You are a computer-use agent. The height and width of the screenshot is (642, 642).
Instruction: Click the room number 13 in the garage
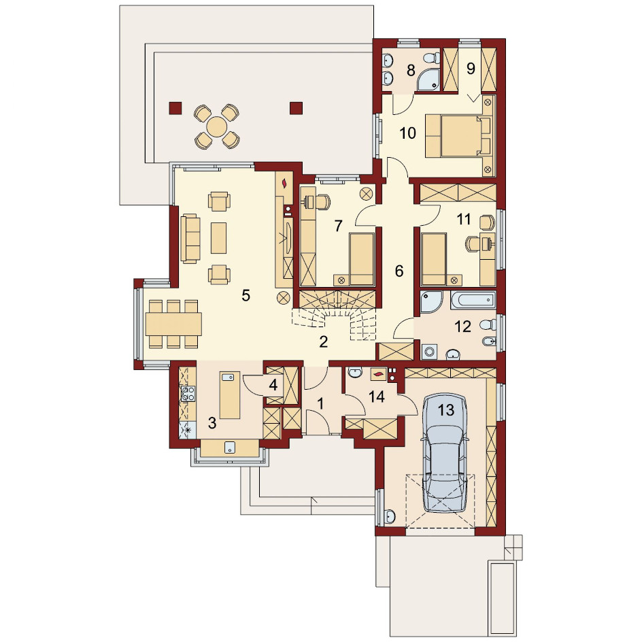tap(446, 409)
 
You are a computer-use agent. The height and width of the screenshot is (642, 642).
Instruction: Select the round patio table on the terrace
tap(216, 126)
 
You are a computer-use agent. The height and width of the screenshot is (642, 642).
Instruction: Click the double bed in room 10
tap(458, 136)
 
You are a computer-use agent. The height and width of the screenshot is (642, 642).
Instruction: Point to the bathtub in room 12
tap(473, 300)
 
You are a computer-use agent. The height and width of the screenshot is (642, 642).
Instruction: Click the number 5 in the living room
tap(246, 294)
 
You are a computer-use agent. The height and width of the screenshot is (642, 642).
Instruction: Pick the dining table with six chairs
tap(173, 324)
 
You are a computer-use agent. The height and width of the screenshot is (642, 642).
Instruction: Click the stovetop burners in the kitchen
tap(188, 394)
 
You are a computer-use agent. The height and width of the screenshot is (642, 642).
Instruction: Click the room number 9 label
tap(471, 69)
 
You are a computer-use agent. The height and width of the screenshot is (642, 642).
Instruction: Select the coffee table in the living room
tap(218, 237)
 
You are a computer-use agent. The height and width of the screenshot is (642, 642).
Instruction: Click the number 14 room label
tap(377, 396)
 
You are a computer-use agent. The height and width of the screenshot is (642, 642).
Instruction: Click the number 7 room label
tap(338, 226)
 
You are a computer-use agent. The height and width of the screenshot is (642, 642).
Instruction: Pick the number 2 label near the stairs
tap(324, 342)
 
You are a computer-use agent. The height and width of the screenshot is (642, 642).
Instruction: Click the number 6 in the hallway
tap(399, 271)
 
